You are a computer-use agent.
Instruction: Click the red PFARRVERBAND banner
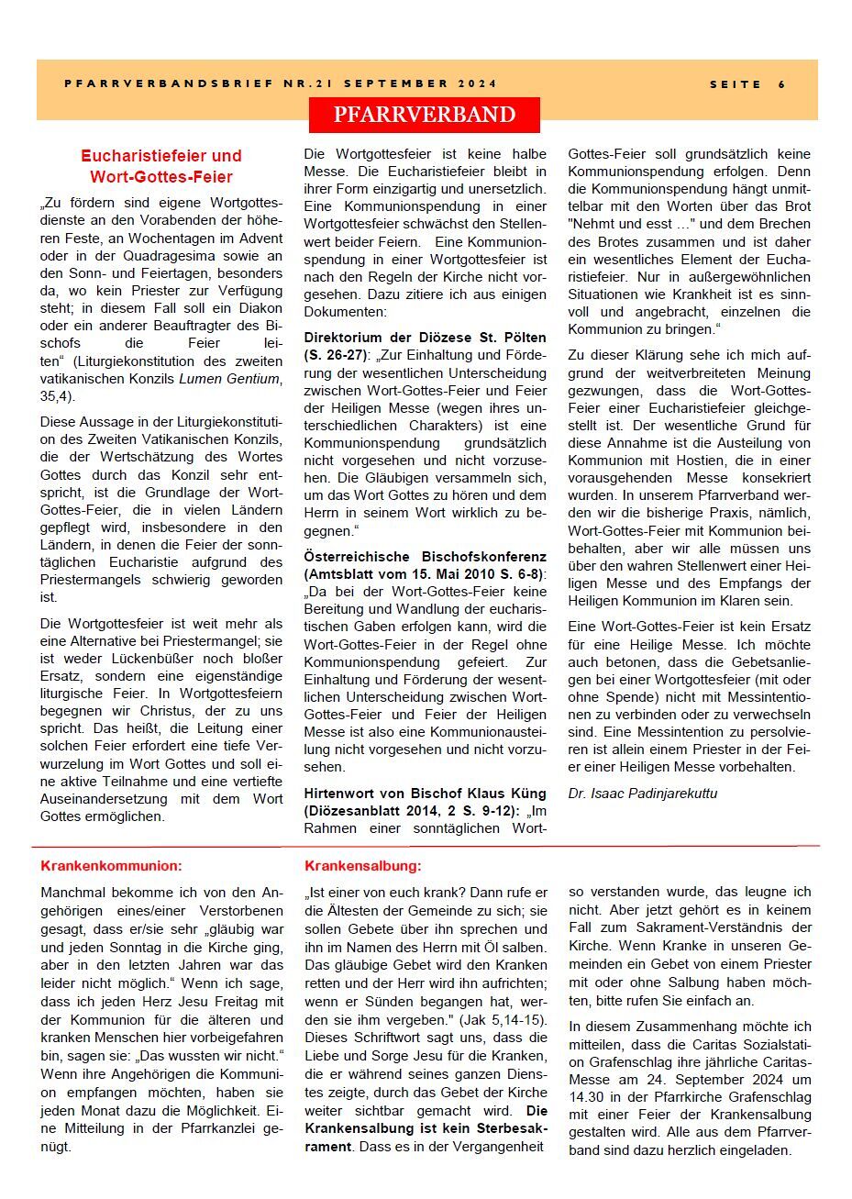click(424, 115)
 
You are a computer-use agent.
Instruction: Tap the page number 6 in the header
click(782, 84)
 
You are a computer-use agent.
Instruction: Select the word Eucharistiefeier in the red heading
click(160, 156)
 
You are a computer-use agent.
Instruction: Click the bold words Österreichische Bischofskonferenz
click(425, 557)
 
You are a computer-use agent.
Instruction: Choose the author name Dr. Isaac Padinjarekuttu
click(642, 794)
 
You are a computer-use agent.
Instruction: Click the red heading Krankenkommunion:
click(111, 865)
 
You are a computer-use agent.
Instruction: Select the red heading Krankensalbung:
click(363, 865)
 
